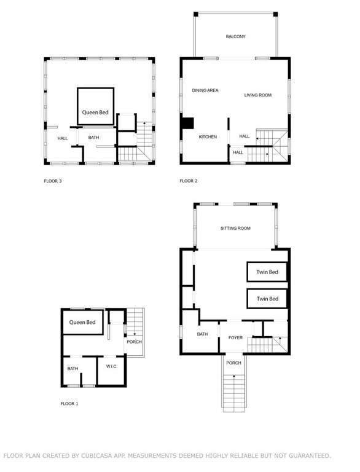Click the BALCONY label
click(235, 36)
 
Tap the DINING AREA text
click(205, 90)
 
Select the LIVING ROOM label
click(257, 95)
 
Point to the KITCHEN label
click(208, 136)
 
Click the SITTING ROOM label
click(235, 228)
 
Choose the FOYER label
click(235, 338)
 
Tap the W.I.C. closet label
click(111, 366)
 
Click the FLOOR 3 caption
click(53, 181)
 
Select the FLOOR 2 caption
click(189, 181)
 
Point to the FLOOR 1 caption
click(69, 404)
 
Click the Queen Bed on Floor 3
click(95, 106)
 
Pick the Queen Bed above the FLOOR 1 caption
click(83, 322)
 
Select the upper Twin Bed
click(267, 272)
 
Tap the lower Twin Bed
click(267, 299)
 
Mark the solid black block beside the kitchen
click(188, 124)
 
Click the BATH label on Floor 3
click(93, 137)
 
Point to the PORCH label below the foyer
click(233, 363)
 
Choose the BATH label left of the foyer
click(202, 334)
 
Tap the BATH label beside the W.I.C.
click(72, 369)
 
